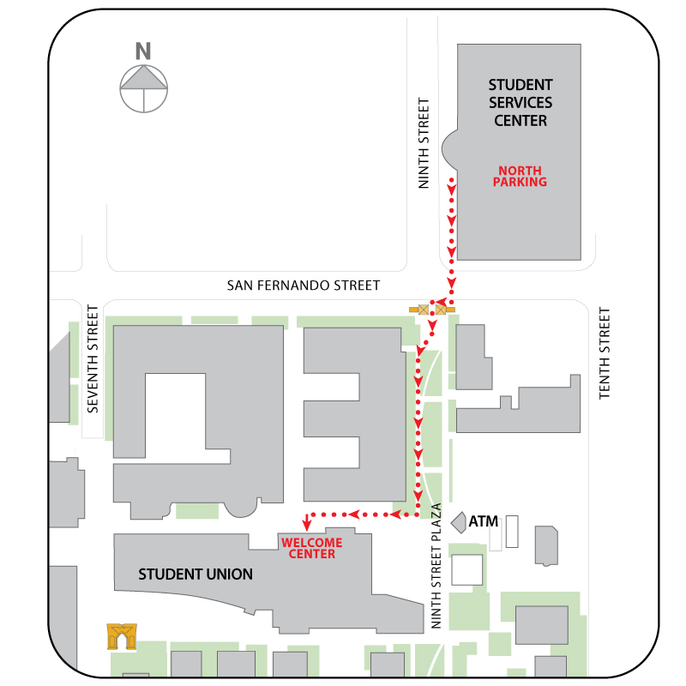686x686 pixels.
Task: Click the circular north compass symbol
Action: click(x=143, y=87)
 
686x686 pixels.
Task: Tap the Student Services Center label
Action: click(x=521, y=103)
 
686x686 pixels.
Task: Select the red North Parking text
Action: click(x=521, y=176)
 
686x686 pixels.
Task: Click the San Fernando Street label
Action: click(x=303, y=286)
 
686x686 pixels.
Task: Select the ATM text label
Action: click(x=484, y=521)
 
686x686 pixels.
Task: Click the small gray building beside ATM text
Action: click(x=458, y=521)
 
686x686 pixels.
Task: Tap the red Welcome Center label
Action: click(x=311, y=548)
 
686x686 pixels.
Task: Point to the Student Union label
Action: click(x=196, y=574)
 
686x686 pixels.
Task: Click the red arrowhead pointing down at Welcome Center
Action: click(x=307, y=524)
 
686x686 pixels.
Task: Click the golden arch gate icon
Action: click(x=122, y=636)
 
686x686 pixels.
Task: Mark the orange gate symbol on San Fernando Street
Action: click(x=432, y=309)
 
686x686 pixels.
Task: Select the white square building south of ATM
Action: click(x=467, y=569)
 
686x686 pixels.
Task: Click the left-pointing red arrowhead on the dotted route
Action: click(x=352, y=514)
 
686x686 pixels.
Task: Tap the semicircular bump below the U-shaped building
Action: click(x=239, y=509)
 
